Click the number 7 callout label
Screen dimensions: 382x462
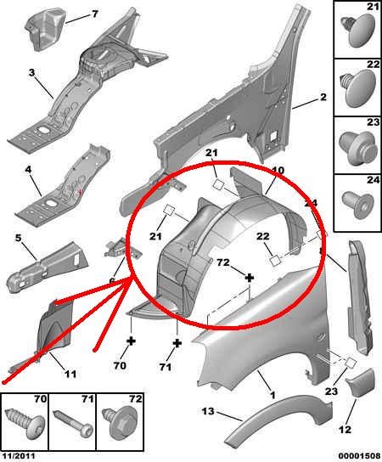pos(95,14)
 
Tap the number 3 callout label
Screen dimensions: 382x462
pos(31,72)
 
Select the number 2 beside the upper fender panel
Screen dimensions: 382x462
pos(323,97)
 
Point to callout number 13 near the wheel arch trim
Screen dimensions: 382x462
pos(208,411)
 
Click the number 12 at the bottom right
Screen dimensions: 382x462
pos(345,429)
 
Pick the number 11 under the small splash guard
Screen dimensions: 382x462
pos(70,374)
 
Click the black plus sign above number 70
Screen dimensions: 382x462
pos(131,341)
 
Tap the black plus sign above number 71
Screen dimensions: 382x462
pos(177,343)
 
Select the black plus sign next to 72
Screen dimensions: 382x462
pos(250,278)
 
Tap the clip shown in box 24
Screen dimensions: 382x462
pos(358,204)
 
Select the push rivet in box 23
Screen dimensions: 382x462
pos(358,148)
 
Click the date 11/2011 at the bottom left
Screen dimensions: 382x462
pos(19,456)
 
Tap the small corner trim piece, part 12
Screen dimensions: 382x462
pos(360,383)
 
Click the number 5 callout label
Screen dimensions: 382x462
pos(19,238)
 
